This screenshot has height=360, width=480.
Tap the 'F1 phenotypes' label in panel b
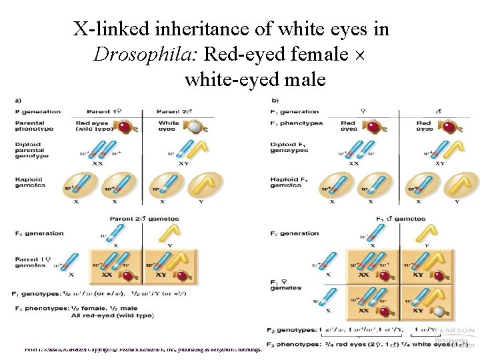(x=297, y=123)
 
